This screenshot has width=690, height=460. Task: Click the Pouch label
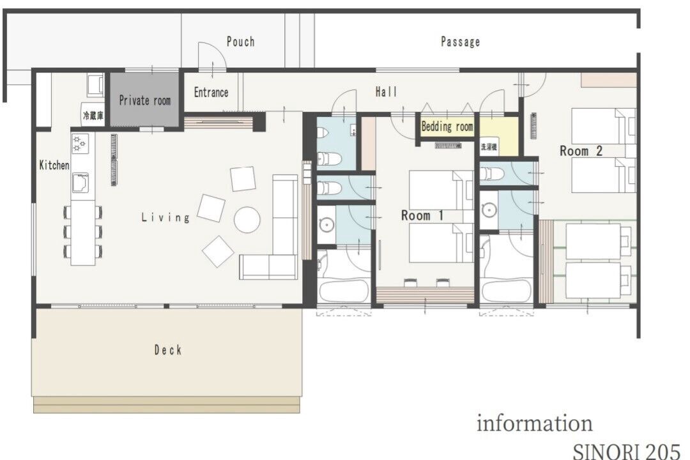(240, 42)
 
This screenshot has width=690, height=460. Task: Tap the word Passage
(460, 42)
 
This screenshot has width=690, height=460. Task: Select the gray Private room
(144, 100)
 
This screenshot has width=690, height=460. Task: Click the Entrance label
(211, 93)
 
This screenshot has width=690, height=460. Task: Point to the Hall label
(387, 91)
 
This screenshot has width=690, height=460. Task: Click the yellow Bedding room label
(447, 126)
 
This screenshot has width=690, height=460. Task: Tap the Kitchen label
(54, 165)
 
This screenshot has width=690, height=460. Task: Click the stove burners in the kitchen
(80, 144)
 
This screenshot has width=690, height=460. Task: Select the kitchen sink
(80, 183)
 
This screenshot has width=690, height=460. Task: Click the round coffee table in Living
(247, 220)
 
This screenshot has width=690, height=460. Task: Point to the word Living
(165, 217)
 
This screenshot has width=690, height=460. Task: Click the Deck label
(167, 350)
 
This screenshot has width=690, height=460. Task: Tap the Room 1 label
(422, 215)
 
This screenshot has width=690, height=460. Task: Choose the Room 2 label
(581, 151)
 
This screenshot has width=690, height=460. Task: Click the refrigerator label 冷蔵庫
(93, 116)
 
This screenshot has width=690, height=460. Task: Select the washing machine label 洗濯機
(489, 147)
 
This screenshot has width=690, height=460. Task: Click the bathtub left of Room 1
(344, 291)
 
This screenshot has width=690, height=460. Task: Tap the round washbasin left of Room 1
(326, 225)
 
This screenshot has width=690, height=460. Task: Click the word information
(535, 423)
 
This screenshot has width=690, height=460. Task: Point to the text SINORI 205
(627, 451)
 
